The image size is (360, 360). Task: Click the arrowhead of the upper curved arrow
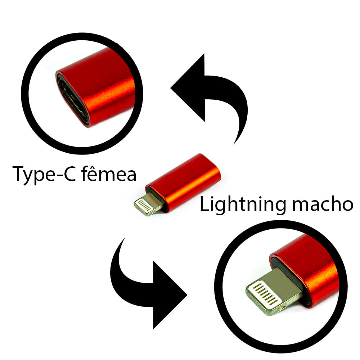pyautogui.click(x=191, y=88)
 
